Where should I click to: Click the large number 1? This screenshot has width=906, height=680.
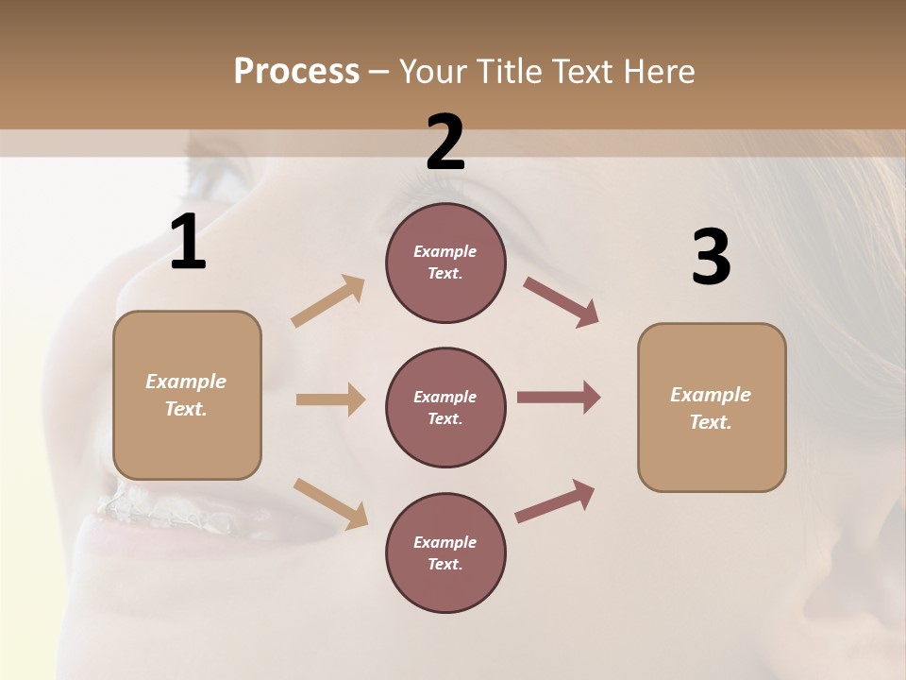pyautogui.click(x=188, y=243)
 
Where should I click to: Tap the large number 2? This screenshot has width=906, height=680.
pyautogui.click(x=445, y=143)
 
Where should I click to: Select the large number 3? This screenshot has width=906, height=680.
pyautogui.click(x=711, y=257)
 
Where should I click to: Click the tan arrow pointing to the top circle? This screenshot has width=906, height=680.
pyautogui.click(x=328, y=300)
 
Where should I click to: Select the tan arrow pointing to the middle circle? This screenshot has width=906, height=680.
pyautogui.click(x=330, y=399)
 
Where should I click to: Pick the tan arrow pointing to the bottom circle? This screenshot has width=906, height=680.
pyautogui.click(x=330, y=502)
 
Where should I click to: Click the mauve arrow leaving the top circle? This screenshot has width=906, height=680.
pyautogui.click(x=561, y=301)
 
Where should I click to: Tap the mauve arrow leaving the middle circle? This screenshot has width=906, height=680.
pyautogui.click(x=558, y=398)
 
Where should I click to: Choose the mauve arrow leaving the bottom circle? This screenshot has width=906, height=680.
pyautogui.click(x=555, y=501)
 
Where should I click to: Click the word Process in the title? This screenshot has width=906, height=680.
pyautogui.click(x=296, y=71)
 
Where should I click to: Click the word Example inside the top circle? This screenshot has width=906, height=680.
pyautogui.click(x=445, y=251)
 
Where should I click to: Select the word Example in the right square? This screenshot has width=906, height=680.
pyautogui.click(x=711, y=395)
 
